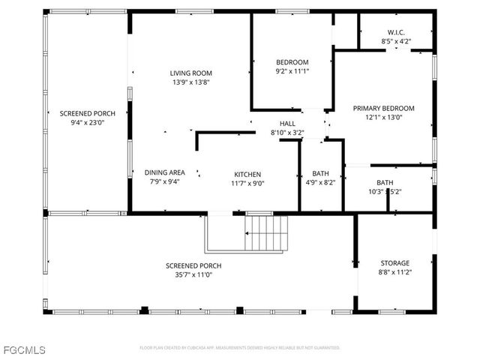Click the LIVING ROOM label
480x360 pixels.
[190, 73]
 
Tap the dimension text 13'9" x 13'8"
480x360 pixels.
[190, 82]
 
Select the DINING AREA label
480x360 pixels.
[164, 172]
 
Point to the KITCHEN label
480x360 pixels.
[248, 173]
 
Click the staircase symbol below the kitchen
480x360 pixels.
[267, 233]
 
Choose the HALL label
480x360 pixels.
[287, 124]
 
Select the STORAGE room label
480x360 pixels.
[394, 262]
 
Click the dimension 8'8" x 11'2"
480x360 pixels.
[394, 272]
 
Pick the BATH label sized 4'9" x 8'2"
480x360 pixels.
[321, 173]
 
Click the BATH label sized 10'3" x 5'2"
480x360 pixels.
[384, 182]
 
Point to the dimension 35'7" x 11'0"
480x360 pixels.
[193, 275]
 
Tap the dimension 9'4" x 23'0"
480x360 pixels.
[82, 122]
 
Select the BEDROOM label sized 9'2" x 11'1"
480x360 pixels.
[292, 61]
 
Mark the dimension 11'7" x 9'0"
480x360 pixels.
[248, 183]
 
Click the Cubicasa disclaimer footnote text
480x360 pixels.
[240, 348]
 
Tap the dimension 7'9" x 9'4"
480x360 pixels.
[164, 181]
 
